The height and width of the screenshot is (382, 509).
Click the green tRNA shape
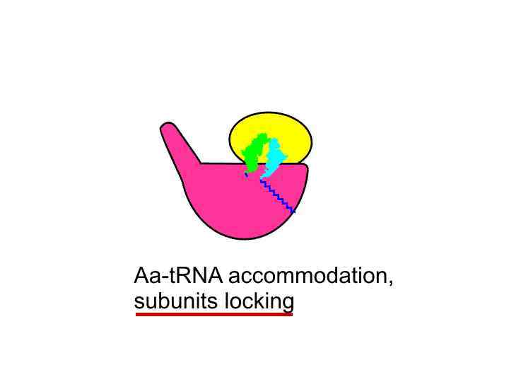point(254,152)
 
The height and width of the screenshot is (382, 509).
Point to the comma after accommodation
point(390,282)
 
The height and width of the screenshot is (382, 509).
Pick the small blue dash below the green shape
point(246,174)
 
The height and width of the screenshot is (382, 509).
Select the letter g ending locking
point(286,303)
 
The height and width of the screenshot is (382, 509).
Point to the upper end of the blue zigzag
point(262,181)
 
